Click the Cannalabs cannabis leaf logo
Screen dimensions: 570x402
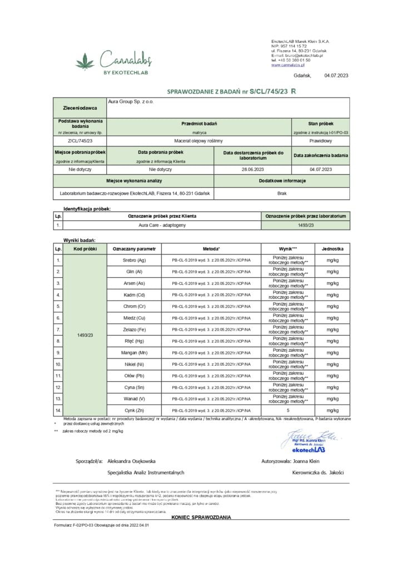(x=86, y=58)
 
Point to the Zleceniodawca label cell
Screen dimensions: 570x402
(x=80, y=108)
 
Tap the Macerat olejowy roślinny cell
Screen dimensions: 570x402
(x=198, y=141)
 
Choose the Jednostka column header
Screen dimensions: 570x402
(x=332, y=248)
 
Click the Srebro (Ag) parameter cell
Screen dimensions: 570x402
(x=134, y=260)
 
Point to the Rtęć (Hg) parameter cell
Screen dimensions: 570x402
(x=134, y=341)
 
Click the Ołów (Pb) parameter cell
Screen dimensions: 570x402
(x=134, y=376)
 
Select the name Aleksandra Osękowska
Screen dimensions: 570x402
(x=131, y=461)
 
